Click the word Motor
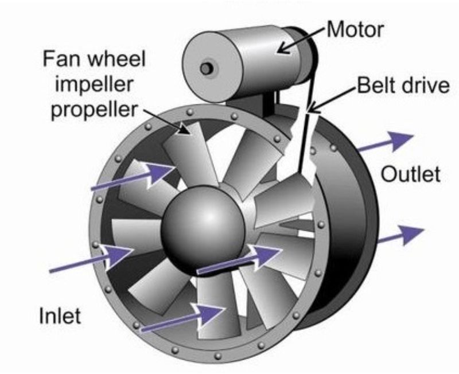(355, 29)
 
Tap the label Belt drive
(403, 85)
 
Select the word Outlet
(410, 174)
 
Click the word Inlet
(60, 315)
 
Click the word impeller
(94, 84)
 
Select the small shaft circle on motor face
(206, 69)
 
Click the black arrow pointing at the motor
(302, 40)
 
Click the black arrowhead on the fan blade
(184, 129)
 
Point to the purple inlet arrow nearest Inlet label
(92, 258)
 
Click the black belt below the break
(304, 144)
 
